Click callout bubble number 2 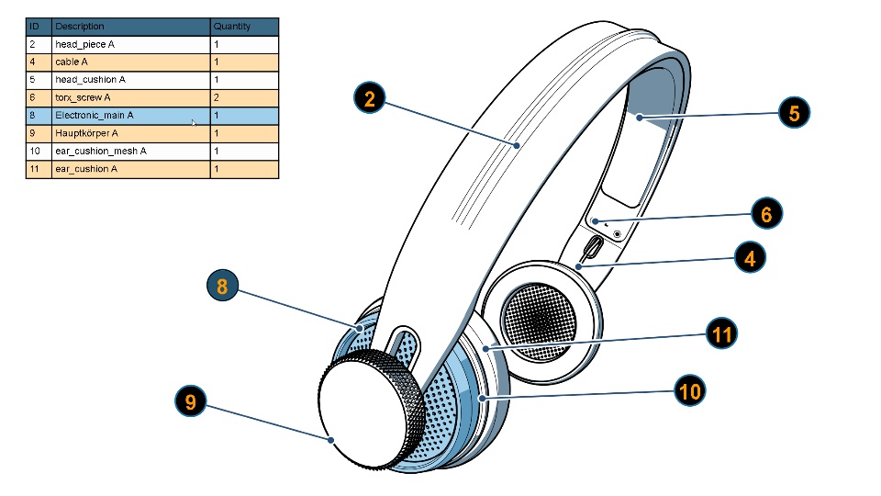pyautogui.click(x=369, y=99)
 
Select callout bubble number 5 pyautogui.click(x=794, y=113)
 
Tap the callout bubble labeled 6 pyautogui.click(x=766, y=214)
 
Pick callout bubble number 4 pyautogui.click(x=750, y=259)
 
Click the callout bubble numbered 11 pyautogui.click(x=722, y=333)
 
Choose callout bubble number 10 pyautogui.click(x=689, y=392)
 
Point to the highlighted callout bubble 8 pyautogui.click(x=221, y=287)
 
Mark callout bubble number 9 pyautogui.click(x=190, y=402)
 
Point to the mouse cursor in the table pyautogui.click(x=194, y=122)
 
